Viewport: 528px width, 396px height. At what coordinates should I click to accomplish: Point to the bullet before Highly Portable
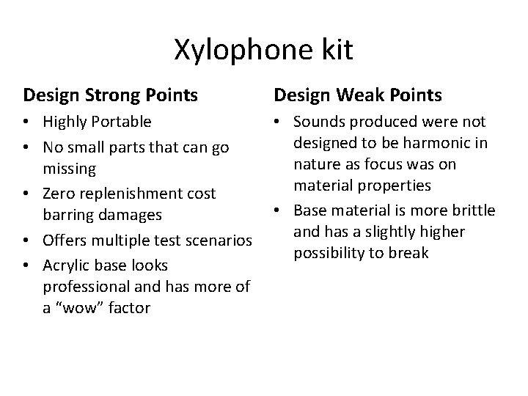tap(27, 122)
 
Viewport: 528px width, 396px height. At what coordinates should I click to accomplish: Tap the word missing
tap(69, 168)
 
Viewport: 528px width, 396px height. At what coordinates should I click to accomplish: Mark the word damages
tap(138, 216)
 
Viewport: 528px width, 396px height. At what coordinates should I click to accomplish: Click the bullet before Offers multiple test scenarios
tap(27, 240)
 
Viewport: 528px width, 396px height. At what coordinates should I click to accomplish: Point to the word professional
tap(86, 286)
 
